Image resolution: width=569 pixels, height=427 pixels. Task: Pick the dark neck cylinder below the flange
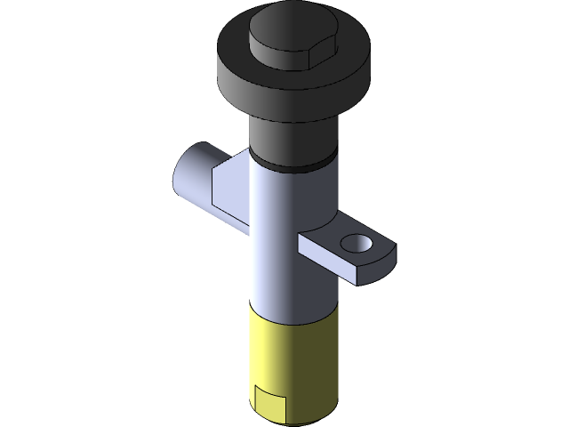[x=293, y=138]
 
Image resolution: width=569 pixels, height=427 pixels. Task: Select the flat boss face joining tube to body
[x=229, y=191]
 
